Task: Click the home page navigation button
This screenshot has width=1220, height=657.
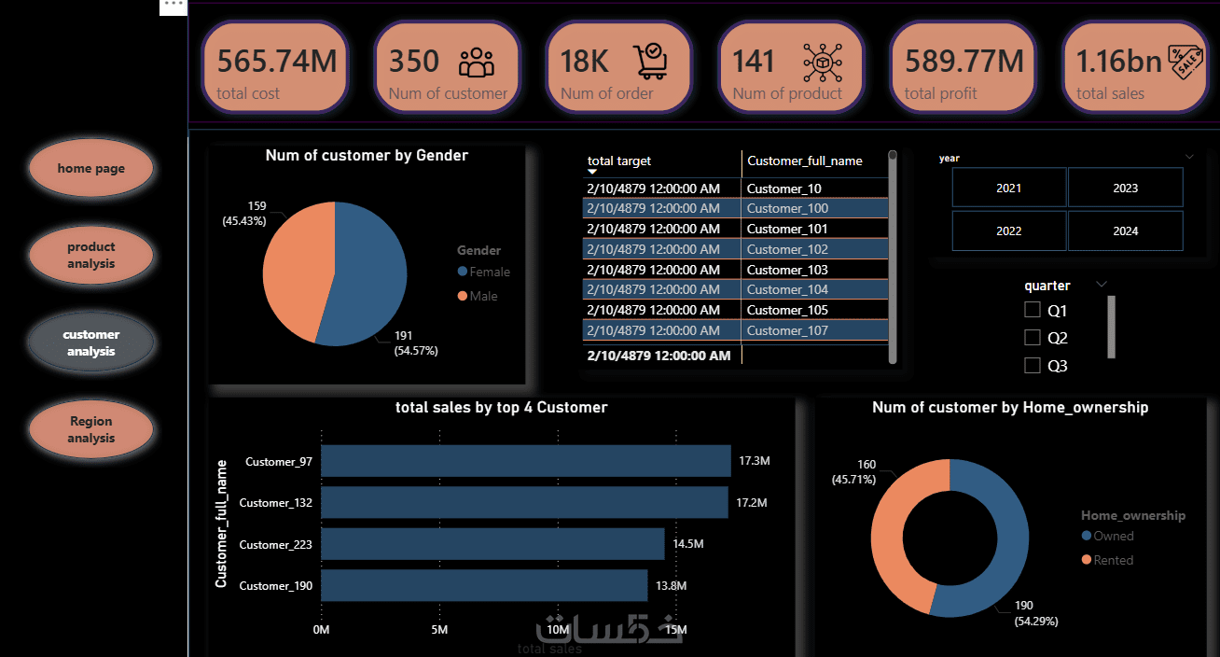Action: point(90,169)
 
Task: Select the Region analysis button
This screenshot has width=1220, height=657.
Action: point(90,429)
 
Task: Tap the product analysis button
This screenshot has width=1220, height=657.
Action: point(90,255)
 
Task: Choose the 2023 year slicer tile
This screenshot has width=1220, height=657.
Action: point(1125,188)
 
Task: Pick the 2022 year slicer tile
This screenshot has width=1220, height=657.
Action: point(1008,231)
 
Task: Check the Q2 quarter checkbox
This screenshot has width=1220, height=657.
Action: point(1033,338)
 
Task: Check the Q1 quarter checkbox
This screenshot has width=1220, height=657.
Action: point(1033,310)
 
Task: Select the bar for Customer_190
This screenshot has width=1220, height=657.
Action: point(484,585)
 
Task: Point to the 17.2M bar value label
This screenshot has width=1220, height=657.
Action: point(751,503)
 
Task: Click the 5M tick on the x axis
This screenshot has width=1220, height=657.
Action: point(439,630)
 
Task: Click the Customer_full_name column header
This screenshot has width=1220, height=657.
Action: point(804,161)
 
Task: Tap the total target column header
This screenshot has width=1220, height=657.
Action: point(619,161)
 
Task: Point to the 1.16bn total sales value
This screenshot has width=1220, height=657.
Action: point(1118,62)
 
